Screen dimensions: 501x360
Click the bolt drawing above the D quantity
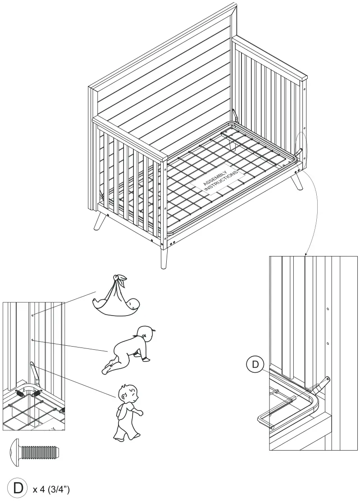pyautogui.click(x=34, y=452)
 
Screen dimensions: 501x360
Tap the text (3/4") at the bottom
pyautogui.click(x=56, y=489)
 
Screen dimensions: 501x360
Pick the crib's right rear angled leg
pyautogui.click(x=298, y=182)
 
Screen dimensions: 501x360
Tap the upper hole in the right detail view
pyautogui.click(x=328, y=309)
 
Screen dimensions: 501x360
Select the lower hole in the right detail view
pyautogui.click(x=328, y=343)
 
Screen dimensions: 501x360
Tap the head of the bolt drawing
pyautogui.click(x=14, y=452)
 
